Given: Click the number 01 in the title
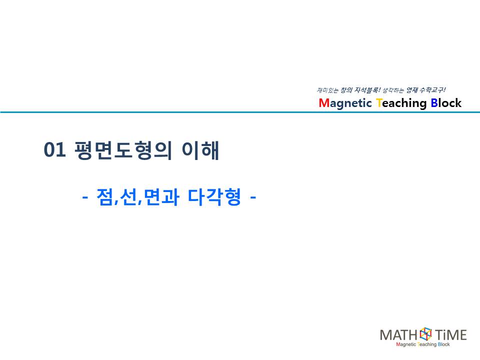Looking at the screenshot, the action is (x=55, y=150).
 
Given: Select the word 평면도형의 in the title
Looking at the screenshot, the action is (x=123, y=150).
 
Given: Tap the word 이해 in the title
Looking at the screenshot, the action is (x=200, y=150).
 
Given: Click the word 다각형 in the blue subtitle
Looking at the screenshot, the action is (x=214, y=197).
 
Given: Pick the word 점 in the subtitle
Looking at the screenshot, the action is (x=104, y=197).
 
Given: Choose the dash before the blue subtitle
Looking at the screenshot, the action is (x=85, y=197).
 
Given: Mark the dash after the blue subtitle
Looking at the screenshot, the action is (x=253, y=197).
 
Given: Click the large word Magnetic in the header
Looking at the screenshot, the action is (x=345, y=103).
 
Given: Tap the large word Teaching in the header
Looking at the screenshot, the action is (x=401, y=103).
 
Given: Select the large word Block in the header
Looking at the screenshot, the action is (x=446, y=103).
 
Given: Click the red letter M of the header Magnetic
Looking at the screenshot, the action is (x=323, y=103).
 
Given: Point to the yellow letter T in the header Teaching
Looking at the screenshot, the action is (x=379, y=103).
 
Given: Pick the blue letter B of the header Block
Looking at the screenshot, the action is (x=434, y=103).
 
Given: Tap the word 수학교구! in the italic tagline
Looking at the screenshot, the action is (x=432, y=90).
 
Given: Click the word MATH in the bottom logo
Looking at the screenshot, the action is (x=398, y=335).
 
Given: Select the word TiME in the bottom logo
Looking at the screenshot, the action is (x=450, y=335).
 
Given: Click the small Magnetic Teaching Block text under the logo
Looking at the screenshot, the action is (x=423, y=344).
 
